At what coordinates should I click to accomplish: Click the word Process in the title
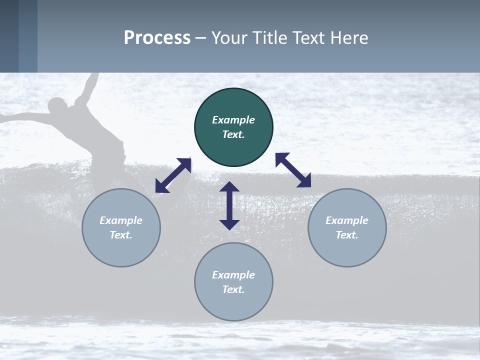(157, 38)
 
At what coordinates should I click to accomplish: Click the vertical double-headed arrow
(229, 205)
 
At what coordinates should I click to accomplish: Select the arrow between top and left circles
(173, 175)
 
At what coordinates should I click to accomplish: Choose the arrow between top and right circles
(293, 170)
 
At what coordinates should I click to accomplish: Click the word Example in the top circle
(233, 120)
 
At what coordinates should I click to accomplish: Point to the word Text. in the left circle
(121, 235)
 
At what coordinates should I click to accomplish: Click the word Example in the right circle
(347, 220)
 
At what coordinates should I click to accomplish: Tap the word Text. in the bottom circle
(233, 289)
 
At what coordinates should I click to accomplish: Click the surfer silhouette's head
(58, 106)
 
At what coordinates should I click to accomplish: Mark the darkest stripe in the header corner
(9, 36)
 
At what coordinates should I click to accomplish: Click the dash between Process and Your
(200, 38)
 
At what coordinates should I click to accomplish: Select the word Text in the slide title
(309, 38)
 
